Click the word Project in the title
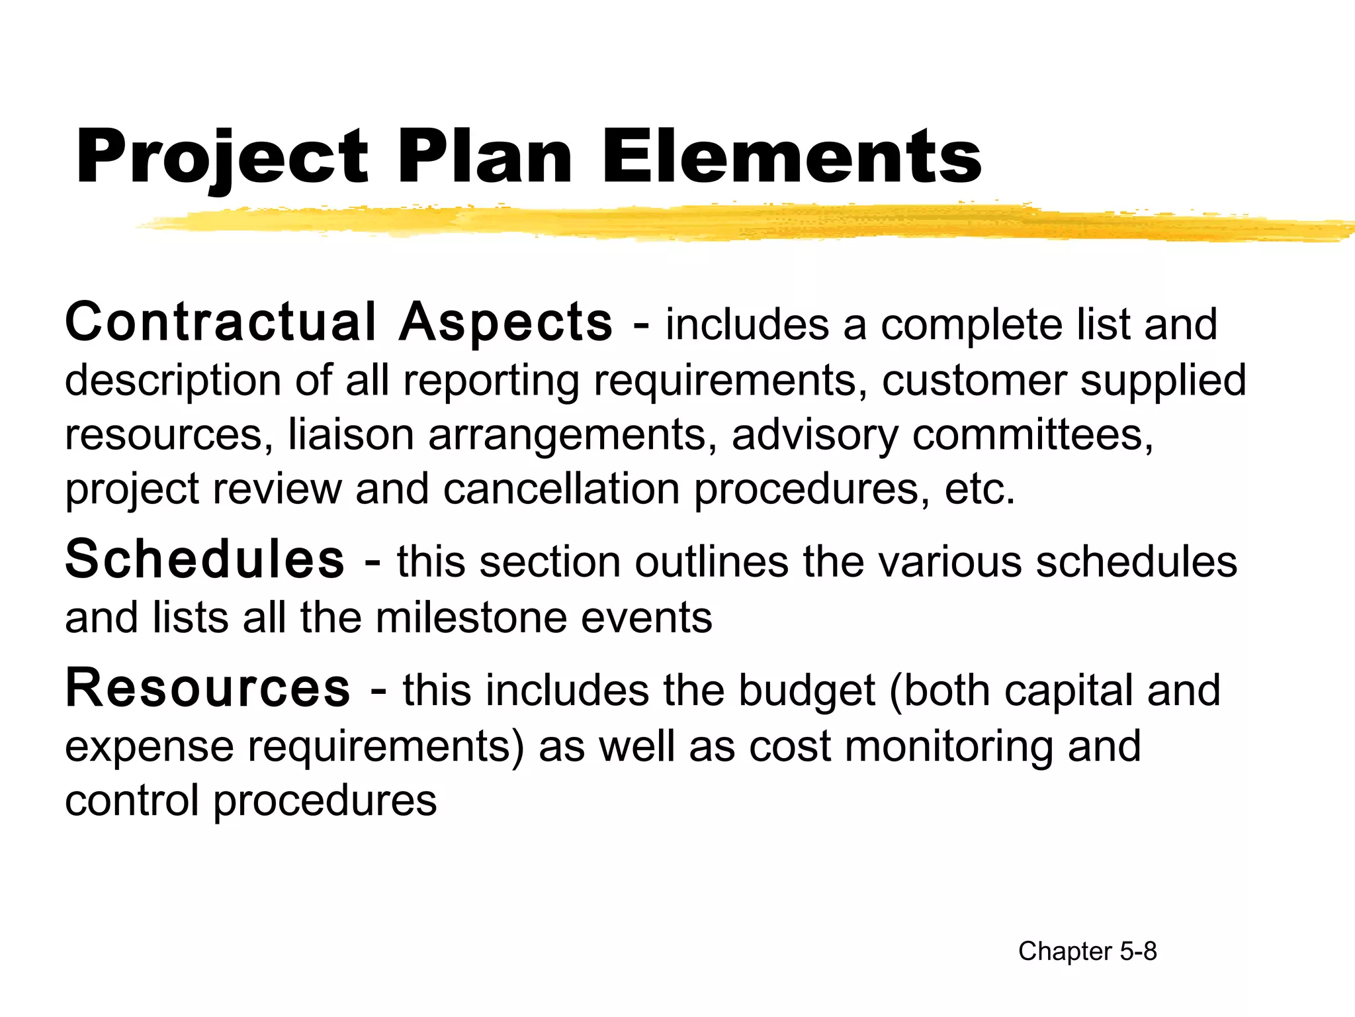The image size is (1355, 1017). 222,158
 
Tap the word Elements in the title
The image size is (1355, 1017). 791,158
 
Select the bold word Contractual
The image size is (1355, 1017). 221,322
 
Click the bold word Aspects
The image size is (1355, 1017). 505,324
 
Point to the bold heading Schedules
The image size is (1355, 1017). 204,559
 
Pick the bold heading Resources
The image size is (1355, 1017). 208,689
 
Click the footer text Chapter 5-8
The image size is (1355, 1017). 1087,951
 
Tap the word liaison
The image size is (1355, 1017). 351,435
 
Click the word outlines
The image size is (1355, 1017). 712,562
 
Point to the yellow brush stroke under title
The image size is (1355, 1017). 728,223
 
